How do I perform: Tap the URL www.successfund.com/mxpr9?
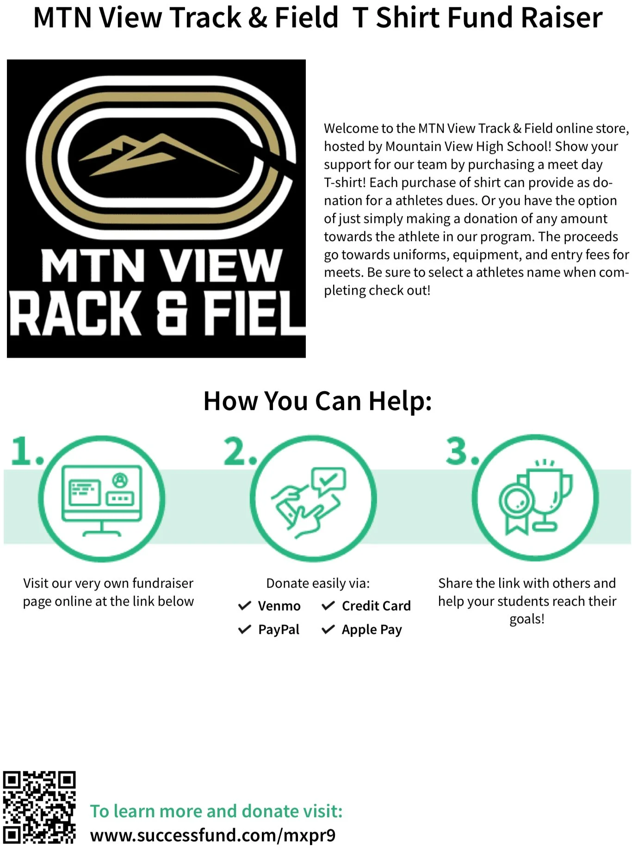pos(213,835)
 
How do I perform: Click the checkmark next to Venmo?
pos(244,606)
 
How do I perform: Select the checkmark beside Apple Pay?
pos(328,629)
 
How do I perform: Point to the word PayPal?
pos(279,629)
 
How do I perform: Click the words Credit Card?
pos(376,606)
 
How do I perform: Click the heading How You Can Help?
pos(317,401)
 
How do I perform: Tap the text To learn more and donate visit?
pos(216,811)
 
